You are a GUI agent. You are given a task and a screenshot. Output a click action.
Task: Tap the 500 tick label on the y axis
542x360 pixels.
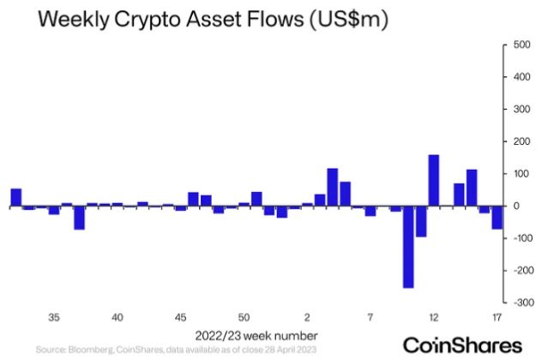coord(521,45)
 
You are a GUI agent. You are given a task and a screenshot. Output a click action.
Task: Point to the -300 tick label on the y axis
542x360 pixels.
coord(520,303)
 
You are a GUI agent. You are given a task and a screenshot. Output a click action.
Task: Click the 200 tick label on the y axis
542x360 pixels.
coord(521,141)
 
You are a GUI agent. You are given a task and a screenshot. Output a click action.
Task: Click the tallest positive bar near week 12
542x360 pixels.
coord(433,180)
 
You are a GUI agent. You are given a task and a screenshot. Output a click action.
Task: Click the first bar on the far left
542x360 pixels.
coord(15,197)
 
